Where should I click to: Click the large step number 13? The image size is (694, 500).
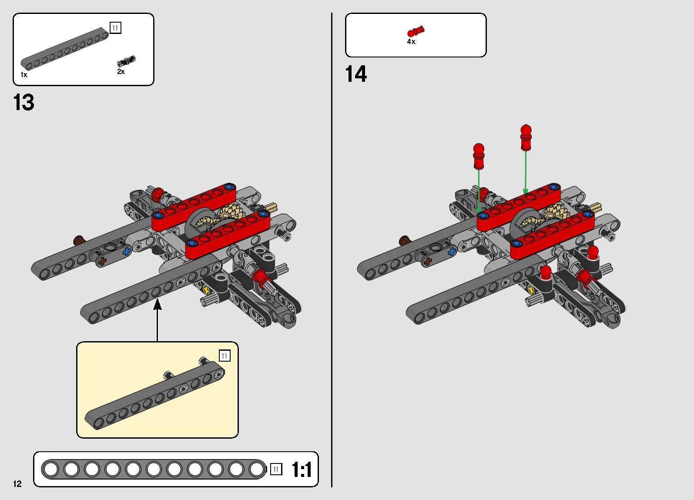pyautogui.click(x=24, y=102)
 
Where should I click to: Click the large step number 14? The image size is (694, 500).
pyautogui.click(x=356, y=74)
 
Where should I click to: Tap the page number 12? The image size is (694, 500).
pyautogui.click(x=17, y=483)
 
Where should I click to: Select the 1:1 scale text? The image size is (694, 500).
pyautogui.click(x=302, y=470)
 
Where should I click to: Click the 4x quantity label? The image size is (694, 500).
pyautogui.click(x=411, y=41)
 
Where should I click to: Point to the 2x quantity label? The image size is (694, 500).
pyautogui.click(x=121, y=71)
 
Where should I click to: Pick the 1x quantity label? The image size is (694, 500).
pyautogui.click(x=24, y=75)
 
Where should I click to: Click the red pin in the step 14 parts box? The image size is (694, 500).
pyautogui.click(x=416, y=31)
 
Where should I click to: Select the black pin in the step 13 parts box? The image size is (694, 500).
pyautogui.click(x=126, y=61)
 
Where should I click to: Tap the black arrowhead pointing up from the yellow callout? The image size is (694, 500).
pyautogui.click(x=158, y=304)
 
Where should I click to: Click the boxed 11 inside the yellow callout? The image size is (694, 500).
pyautogui.click(x=225, y=356)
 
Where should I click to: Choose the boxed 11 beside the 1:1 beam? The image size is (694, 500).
pyautogui.click(x=276, y=469)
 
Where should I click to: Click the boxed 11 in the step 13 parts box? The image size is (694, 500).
pyautogui.click(x=116, y=28)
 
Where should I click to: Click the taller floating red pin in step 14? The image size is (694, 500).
pyautogui.click(x=526, y=138)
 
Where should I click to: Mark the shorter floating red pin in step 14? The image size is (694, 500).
pyautogui.click(x=479, y=156)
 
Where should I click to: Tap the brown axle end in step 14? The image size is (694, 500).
pyautogui.click(x=404, y=240)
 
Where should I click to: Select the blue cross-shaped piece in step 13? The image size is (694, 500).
pyautogui.click(x=127, y=251)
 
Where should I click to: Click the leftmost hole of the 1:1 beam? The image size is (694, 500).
pyautogui.click(x=51, y=469)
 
